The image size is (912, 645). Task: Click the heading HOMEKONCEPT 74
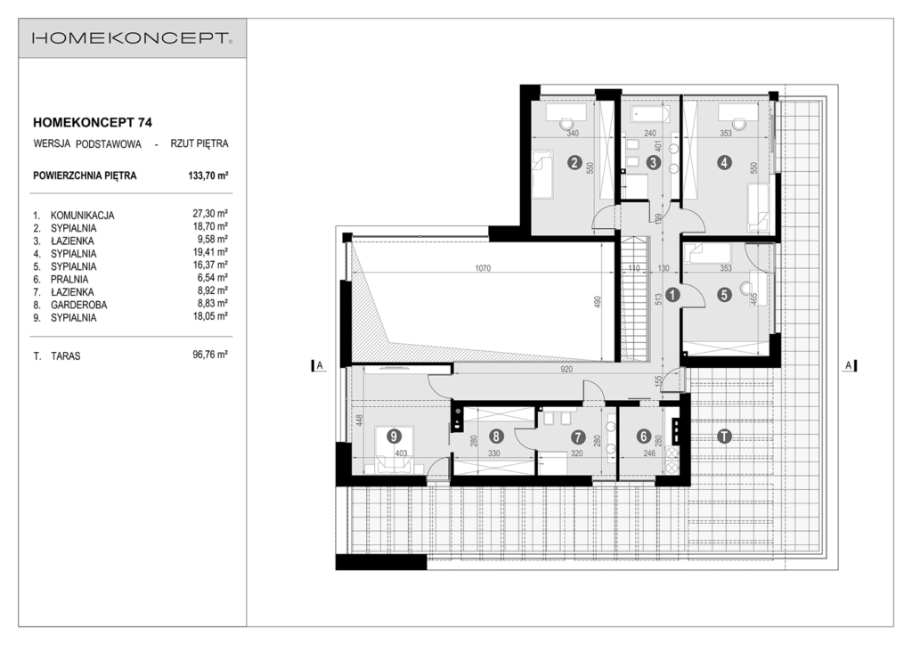[93, 123]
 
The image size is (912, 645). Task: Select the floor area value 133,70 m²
[208, 176]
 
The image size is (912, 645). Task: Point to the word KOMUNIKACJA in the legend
[82, 216]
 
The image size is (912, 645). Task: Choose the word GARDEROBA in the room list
[78, 305]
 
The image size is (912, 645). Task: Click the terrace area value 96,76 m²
[210, 355]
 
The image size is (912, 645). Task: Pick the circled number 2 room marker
[574, 163]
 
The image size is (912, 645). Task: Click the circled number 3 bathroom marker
[653, 163]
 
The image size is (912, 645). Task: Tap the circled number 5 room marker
[724, 296]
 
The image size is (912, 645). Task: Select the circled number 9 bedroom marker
[395, 436]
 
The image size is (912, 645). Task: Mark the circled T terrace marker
[723, 437]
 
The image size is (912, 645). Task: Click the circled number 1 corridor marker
[672, 296]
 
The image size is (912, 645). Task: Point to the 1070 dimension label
[483, 268]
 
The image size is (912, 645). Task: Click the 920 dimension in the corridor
[566, 370]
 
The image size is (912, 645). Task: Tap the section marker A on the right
[849, 365]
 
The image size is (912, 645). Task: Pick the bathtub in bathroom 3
[650, 113]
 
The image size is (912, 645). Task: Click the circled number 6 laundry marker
[643, 437]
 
